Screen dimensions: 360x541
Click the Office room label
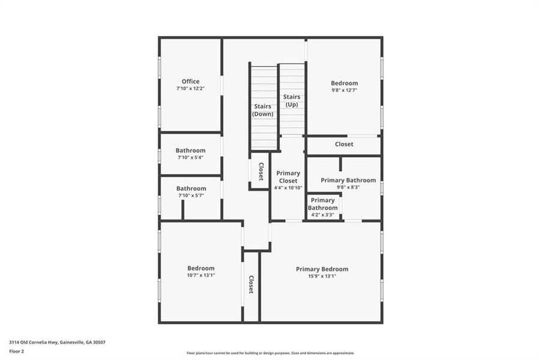(x=190, y=82)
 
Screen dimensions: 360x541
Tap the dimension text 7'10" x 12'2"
(x=190, y=89)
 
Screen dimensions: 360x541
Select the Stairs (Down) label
(x=263, y=110)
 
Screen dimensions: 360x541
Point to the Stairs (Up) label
(x=292, y=100)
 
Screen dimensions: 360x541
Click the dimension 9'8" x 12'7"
(x=344, y=91)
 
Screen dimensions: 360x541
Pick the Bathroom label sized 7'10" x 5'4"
(x=190, y=151)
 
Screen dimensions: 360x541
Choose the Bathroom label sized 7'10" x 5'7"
(x=190, y=188)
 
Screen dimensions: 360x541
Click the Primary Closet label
(x=288, y=177)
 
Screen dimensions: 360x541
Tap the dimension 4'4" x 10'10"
(x=288, y=188)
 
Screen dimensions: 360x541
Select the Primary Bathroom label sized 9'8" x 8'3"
(x=348, y=180)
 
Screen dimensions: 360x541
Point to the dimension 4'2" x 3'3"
(x=322, y=215)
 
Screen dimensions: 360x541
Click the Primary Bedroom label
(x=322, y=269)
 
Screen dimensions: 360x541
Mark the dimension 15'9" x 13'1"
(x=322, y=276)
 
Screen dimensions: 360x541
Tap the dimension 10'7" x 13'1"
(x=200, y=275)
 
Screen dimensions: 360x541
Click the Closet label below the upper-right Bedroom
(x=344, y=144)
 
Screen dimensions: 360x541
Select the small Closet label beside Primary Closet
(x=261, y=172)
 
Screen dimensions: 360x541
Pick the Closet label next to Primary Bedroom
(x=251, y=284)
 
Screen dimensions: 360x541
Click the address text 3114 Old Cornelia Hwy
(x=32, y=342)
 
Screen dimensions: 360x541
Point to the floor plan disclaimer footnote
(x=270, y=353)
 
